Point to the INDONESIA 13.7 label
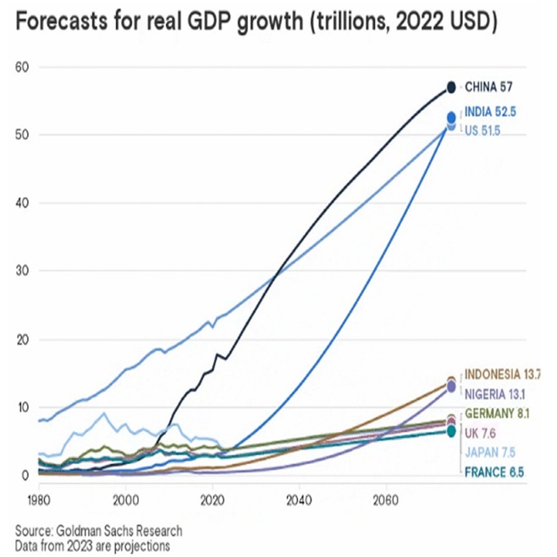[x=505, y=374]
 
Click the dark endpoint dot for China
[x=451, y=86]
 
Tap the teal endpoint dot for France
[x=451, y=432]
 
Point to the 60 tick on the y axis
[x=22, y=66]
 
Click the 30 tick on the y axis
[x=22, y=270]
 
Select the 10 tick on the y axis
[x=22, y=407]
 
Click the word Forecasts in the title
[x=67, y=23]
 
